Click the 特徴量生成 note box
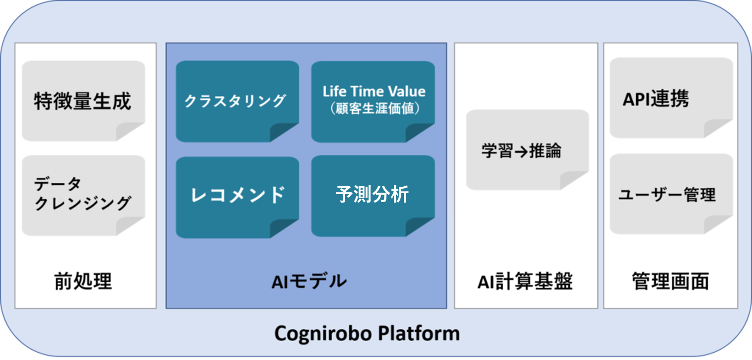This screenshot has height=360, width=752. pos(83,101)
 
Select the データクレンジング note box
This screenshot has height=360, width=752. pos(83,195)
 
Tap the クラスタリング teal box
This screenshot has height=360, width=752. pos(237,101)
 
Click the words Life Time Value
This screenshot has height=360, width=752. pos(374,91)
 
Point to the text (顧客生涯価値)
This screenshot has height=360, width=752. pos(374,108)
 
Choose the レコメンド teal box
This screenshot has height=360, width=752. pos(237,197)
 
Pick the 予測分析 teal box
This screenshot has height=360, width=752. pos(373,196)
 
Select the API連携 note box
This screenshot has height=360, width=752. pos(672,98)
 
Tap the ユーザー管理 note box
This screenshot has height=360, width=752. pos(672,194)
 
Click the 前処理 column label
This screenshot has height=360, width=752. pos(83,281)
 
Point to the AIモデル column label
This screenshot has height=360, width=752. pos(309,281)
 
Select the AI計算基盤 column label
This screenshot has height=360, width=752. pos(525,281)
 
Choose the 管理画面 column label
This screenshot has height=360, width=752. pos(671,281)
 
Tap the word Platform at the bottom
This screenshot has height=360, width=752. pos(419,333)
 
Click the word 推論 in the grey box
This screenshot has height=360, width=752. pos(545,150)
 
